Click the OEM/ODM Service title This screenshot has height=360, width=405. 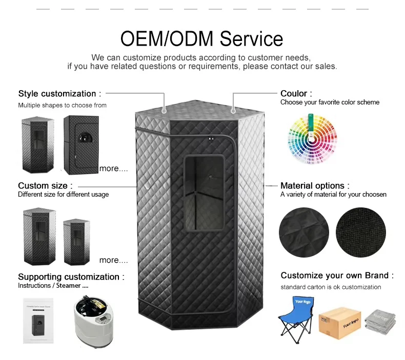point(201,38)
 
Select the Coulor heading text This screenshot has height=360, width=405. point(296,94)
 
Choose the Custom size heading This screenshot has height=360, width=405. point(45,185)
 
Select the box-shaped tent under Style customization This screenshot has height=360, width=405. point(80,144)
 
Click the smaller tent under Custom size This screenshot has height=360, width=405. point(76,238)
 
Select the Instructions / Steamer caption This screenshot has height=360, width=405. point(53,286)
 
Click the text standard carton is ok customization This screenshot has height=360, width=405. point(331,287)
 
